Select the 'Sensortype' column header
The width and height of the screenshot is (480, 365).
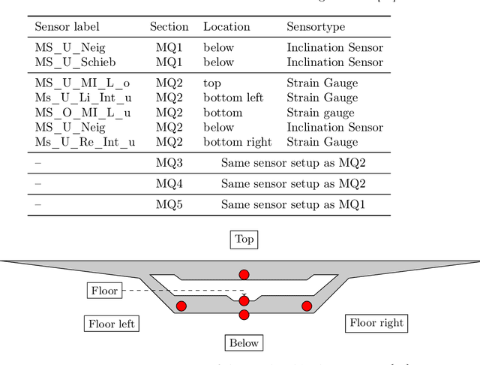coord(316,26)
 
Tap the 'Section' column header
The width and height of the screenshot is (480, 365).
coord(169,26)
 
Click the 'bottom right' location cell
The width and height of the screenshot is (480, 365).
coord(237,142)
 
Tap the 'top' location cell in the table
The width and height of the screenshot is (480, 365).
coord(212,83)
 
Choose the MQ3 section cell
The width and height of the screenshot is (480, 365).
coord(169,162)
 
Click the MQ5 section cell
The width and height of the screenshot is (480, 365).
coord(169,204)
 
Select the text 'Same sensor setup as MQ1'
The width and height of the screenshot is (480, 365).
coord(292,204)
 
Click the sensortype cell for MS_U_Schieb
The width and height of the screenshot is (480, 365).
coord(334,62)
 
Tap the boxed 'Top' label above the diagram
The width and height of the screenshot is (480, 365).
coord(244,240)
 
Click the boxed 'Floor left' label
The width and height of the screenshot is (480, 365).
coord(112,324)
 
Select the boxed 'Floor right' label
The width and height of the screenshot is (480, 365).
coord(376,323)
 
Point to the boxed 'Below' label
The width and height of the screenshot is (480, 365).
coord(244,343)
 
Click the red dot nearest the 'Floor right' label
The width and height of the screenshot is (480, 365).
coord(307,306)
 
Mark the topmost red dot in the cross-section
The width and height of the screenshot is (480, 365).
coord(244,274)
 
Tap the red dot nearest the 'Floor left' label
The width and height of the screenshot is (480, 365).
coord(181,306)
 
